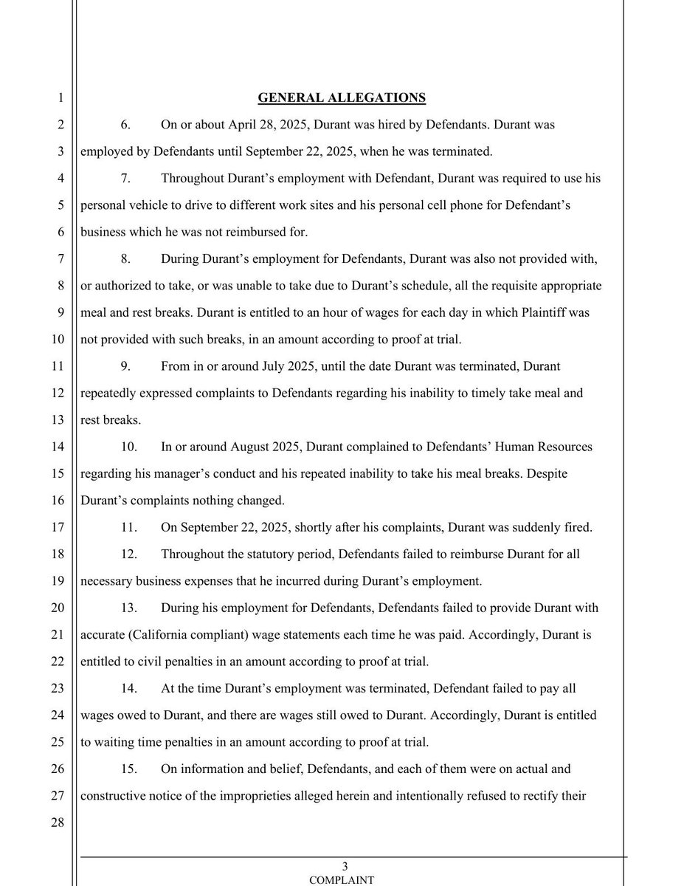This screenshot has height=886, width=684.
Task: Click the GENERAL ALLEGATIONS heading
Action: [341, 97]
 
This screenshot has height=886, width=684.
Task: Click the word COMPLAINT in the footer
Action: [341, 879]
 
